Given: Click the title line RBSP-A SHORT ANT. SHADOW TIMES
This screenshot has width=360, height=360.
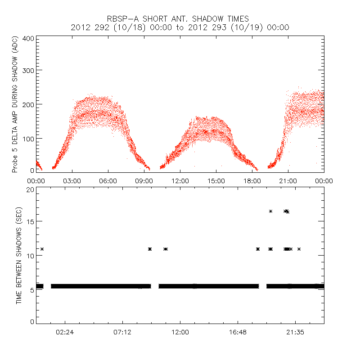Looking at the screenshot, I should (x=180, y=18).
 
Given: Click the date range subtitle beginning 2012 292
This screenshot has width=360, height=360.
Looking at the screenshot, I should (x=180, y=27).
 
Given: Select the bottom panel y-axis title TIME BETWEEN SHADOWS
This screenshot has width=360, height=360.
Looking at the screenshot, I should (x=19, y=256).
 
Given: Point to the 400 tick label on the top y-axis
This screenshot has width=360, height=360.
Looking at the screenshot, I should (x=28, y=39).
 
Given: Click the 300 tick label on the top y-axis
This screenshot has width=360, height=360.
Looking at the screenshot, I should (x=28, y=70).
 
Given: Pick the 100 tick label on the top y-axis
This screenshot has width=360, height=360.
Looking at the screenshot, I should (x=28, y=138).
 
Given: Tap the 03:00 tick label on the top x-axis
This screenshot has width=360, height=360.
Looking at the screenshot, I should (x=72, y=181).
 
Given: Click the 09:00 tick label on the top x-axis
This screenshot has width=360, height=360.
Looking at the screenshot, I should (x=144, y=181).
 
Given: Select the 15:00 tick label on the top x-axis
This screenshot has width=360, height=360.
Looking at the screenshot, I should (x=216, y=181).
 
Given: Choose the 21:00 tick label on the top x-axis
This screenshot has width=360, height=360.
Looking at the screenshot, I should (x=288, y=181).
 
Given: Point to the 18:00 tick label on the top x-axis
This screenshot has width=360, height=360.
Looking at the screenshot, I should (x=252, y=181).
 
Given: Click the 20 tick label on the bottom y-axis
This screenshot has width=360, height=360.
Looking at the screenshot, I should (x=31, y=190).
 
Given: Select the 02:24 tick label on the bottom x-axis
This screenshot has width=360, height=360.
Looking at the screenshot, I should (x=65, y=332).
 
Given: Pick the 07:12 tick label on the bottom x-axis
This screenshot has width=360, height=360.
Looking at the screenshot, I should (x=122, y=332).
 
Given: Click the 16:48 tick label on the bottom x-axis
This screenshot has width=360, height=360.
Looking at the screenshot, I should (x=238, y=332).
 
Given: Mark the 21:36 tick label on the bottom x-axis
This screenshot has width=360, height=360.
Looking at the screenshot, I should (x=295, y=332).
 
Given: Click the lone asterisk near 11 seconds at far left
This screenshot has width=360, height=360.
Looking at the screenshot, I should (x=42, y=249).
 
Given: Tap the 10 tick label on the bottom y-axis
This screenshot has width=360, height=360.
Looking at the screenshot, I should (x=31, y=256).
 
